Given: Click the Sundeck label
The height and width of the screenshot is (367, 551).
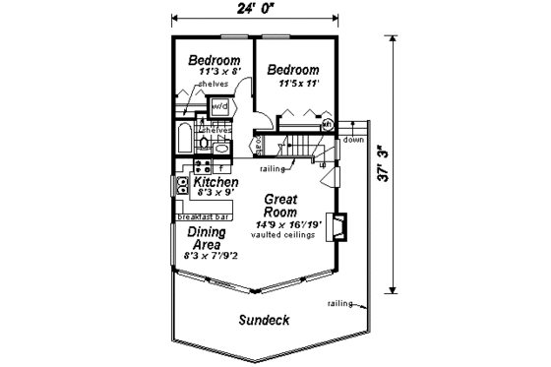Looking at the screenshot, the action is (x=263, y=322).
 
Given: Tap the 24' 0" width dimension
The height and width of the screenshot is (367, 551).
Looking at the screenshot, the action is (x=256, y=11).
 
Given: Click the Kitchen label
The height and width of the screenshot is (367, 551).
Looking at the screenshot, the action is (x=215, y=183).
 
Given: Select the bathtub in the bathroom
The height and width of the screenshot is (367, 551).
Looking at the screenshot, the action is (x=186, y=136).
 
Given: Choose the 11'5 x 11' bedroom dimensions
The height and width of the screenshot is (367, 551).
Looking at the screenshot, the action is (x=292, y=84).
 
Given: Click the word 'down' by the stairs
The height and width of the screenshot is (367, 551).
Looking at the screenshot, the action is (x=354, y=140).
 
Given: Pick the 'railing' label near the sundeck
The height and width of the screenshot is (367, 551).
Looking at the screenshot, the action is (x=339, y=305).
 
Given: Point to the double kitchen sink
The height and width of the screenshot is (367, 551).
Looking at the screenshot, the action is (x=183, y=184).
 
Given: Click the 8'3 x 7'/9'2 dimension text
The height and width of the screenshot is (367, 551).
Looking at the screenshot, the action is (x=210, y=255).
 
